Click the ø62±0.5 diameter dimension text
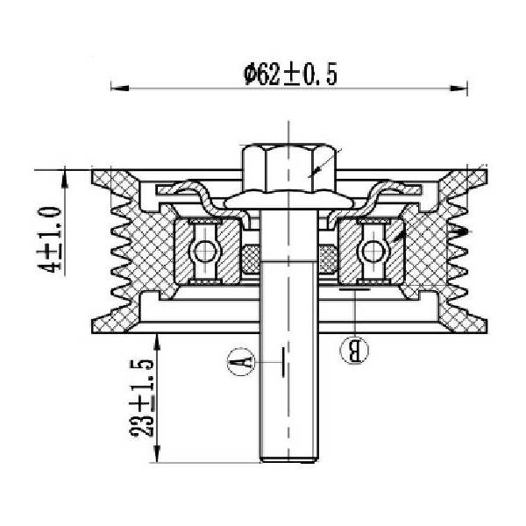[290, 75]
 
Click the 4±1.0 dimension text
[50, 239]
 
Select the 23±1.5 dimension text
[141, 398]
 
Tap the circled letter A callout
[241, 361]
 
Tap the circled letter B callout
[354, 349]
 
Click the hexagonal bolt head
[288, 167]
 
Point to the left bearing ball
[203, 252]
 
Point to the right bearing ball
[373, 252]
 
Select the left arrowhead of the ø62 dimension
[120, 89]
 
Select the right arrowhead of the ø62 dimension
[458, 89]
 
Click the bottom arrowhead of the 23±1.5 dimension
[157, 453]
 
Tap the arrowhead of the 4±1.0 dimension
[65, 179]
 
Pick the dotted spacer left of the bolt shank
[251, 259]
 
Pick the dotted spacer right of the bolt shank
[327, 259]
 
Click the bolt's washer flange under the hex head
[288, 202]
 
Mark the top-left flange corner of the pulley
[92, 170]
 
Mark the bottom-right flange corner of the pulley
[487, 333]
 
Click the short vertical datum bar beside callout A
[283, 362]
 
